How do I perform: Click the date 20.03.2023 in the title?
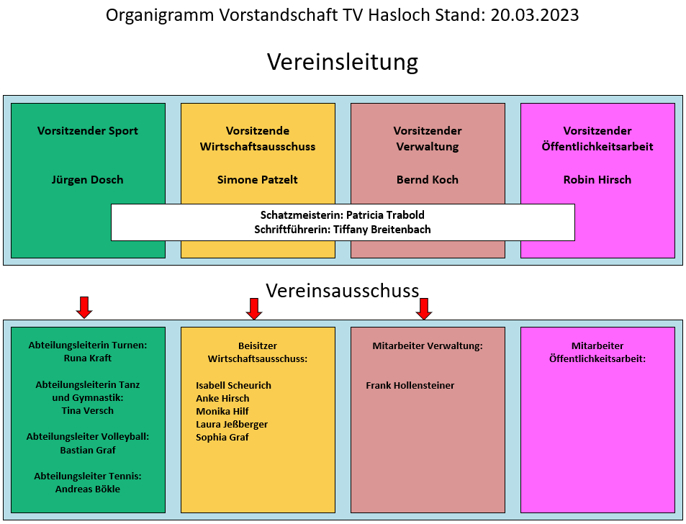tap(535, 15)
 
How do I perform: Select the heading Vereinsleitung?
tap(343, 62)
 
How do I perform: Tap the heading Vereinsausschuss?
tap(343, 291)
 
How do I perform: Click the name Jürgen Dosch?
tap(88, 180)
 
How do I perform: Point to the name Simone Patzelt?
tap(258, 180)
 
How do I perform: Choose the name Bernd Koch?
tap(428, 180)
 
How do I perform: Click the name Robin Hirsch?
tap(597, 180)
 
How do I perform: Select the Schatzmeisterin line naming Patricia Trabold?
tap(343, 215)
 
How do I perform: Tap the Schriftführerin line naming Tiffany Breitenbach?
tap(343, 230)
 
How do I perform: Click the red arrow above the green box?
tap(84, 307)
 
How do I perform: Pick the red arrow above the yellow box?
tap(254, 308)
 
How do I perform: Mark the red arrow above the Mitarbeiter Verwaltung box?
tap(424, 308)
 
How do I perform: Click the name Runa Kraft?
tap(88, 358)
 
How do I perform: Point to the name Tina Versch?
tap(88, 411)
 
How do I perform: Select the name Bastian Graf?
tap(88, 451)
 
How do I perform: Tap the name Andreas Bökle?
tap(88, 489)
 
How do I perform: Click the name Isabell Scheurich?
tap(233, 386)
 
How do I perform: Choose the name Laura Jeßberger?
tap(232, 425)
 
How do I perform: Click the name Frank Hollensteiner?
tap(410, 386)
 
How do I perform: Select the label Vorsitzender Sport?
tap(88, 131)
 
